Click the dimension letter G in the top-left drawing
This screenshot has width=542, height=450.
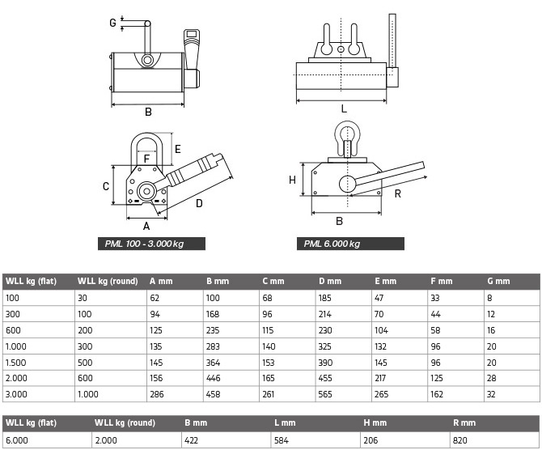click(x=112, y=23)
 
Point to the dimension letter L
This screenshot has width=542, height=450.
click(x=344, y=108)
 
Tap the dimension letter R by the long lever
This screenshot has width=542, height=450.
click(x=398, y=193)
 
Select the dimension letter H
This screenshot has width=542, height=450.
click(x=292, y=180)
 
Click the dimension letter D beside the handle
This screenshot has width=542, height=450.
click(x=199, y=203)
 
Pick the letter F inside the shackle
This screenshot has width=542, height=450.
click(x=146, y=159)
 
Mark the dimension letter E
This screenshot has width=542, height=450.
click(x=177, y=148)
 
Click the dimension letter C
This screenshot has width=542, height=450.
click(x=106, y=186)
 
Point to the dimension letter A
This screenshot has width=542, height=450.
click(x=146, y=226)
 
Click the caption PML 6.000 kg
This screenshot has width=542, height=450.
click(x=332, y=244)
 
